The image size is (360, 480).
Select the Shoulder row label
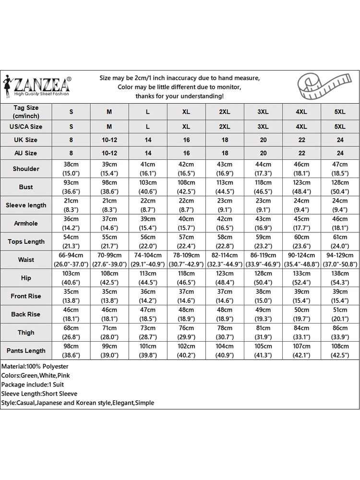(x=26, y=168)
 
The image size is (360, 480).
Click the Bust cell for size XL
(x=186, y=187)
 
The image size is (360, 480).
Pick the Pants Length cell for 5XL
(x=340, y=350)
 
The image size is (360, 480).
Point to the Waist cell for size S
(x=71, y=260)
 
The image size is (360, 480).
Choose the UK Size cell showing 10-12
(x=109, y=140)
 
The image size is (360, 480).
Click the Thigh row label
(x=26, y=332)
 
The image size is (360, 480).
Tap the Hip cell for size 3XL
(x=263, y=278)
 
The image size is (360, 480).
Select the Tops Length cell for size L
(x=148, y=241)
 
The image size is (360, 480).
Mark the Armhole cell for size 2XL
(x=225, y=223)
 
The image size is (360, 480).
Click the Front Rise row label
(x=26, y=296)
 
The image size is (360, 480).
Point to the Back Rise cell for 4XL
(x=301, y=314)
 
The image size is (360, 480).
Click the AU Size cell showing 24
(x=340, y=153)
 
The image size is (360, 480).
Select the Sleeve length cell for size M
(x=109, y=205)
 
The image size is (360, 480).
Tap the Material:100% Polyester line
(x=35, y=366)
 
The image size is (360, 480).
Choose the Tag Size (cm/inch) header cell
(x=26, y=112)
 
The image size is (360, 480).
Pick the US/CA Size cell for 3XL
(x=263, y=127)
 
